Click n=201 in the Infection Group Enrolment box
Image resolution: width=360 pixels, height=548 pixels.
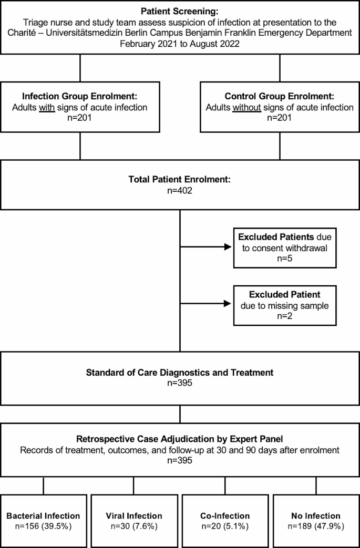(80, 118)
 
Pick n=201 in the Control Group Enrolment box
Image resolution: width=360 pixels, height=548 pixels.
(280, 118)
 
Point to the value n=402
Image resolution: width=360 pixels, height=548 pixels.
(180, 190)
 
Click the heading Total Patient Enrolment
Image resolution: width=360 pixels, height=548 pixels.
(180, 180)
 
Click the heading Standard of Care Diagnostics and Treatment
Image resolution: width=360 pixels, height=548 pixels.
(180, 373)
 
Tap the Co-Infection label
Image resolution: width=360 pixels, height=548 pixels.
(225, 515)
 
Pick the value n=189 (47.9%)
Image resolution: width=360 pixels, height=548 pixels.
(315, 526)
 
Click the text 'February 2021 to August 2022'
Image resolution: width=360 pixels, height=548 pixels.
(180, 44)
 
